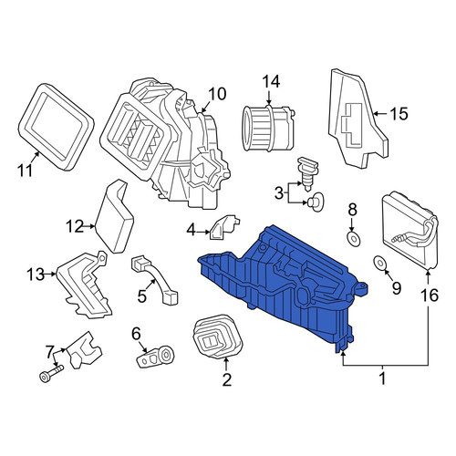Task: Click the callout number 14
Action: tap(271, 82)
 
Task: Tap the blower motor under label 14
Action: tap(268, 128)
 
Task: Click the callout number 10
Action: tap(217, 94)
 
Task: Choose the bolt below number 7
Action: tap(51, 374)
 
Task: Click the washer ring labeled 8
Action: tap(353, 239)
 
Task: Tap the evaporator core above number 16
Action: tap(409, 230)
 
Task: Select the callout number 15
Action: tap(399, 114)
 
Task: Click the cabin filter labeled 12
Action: tap(114, 216)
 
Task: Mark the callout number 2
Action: tap(227, 379)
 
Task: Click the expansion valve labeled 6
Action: tap(155, 358)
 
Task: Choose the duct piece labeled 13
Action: tap(83, 285)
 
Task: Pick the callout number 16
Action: tap(430, 295)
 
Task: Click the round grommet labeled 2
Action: tap(218, 337)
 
